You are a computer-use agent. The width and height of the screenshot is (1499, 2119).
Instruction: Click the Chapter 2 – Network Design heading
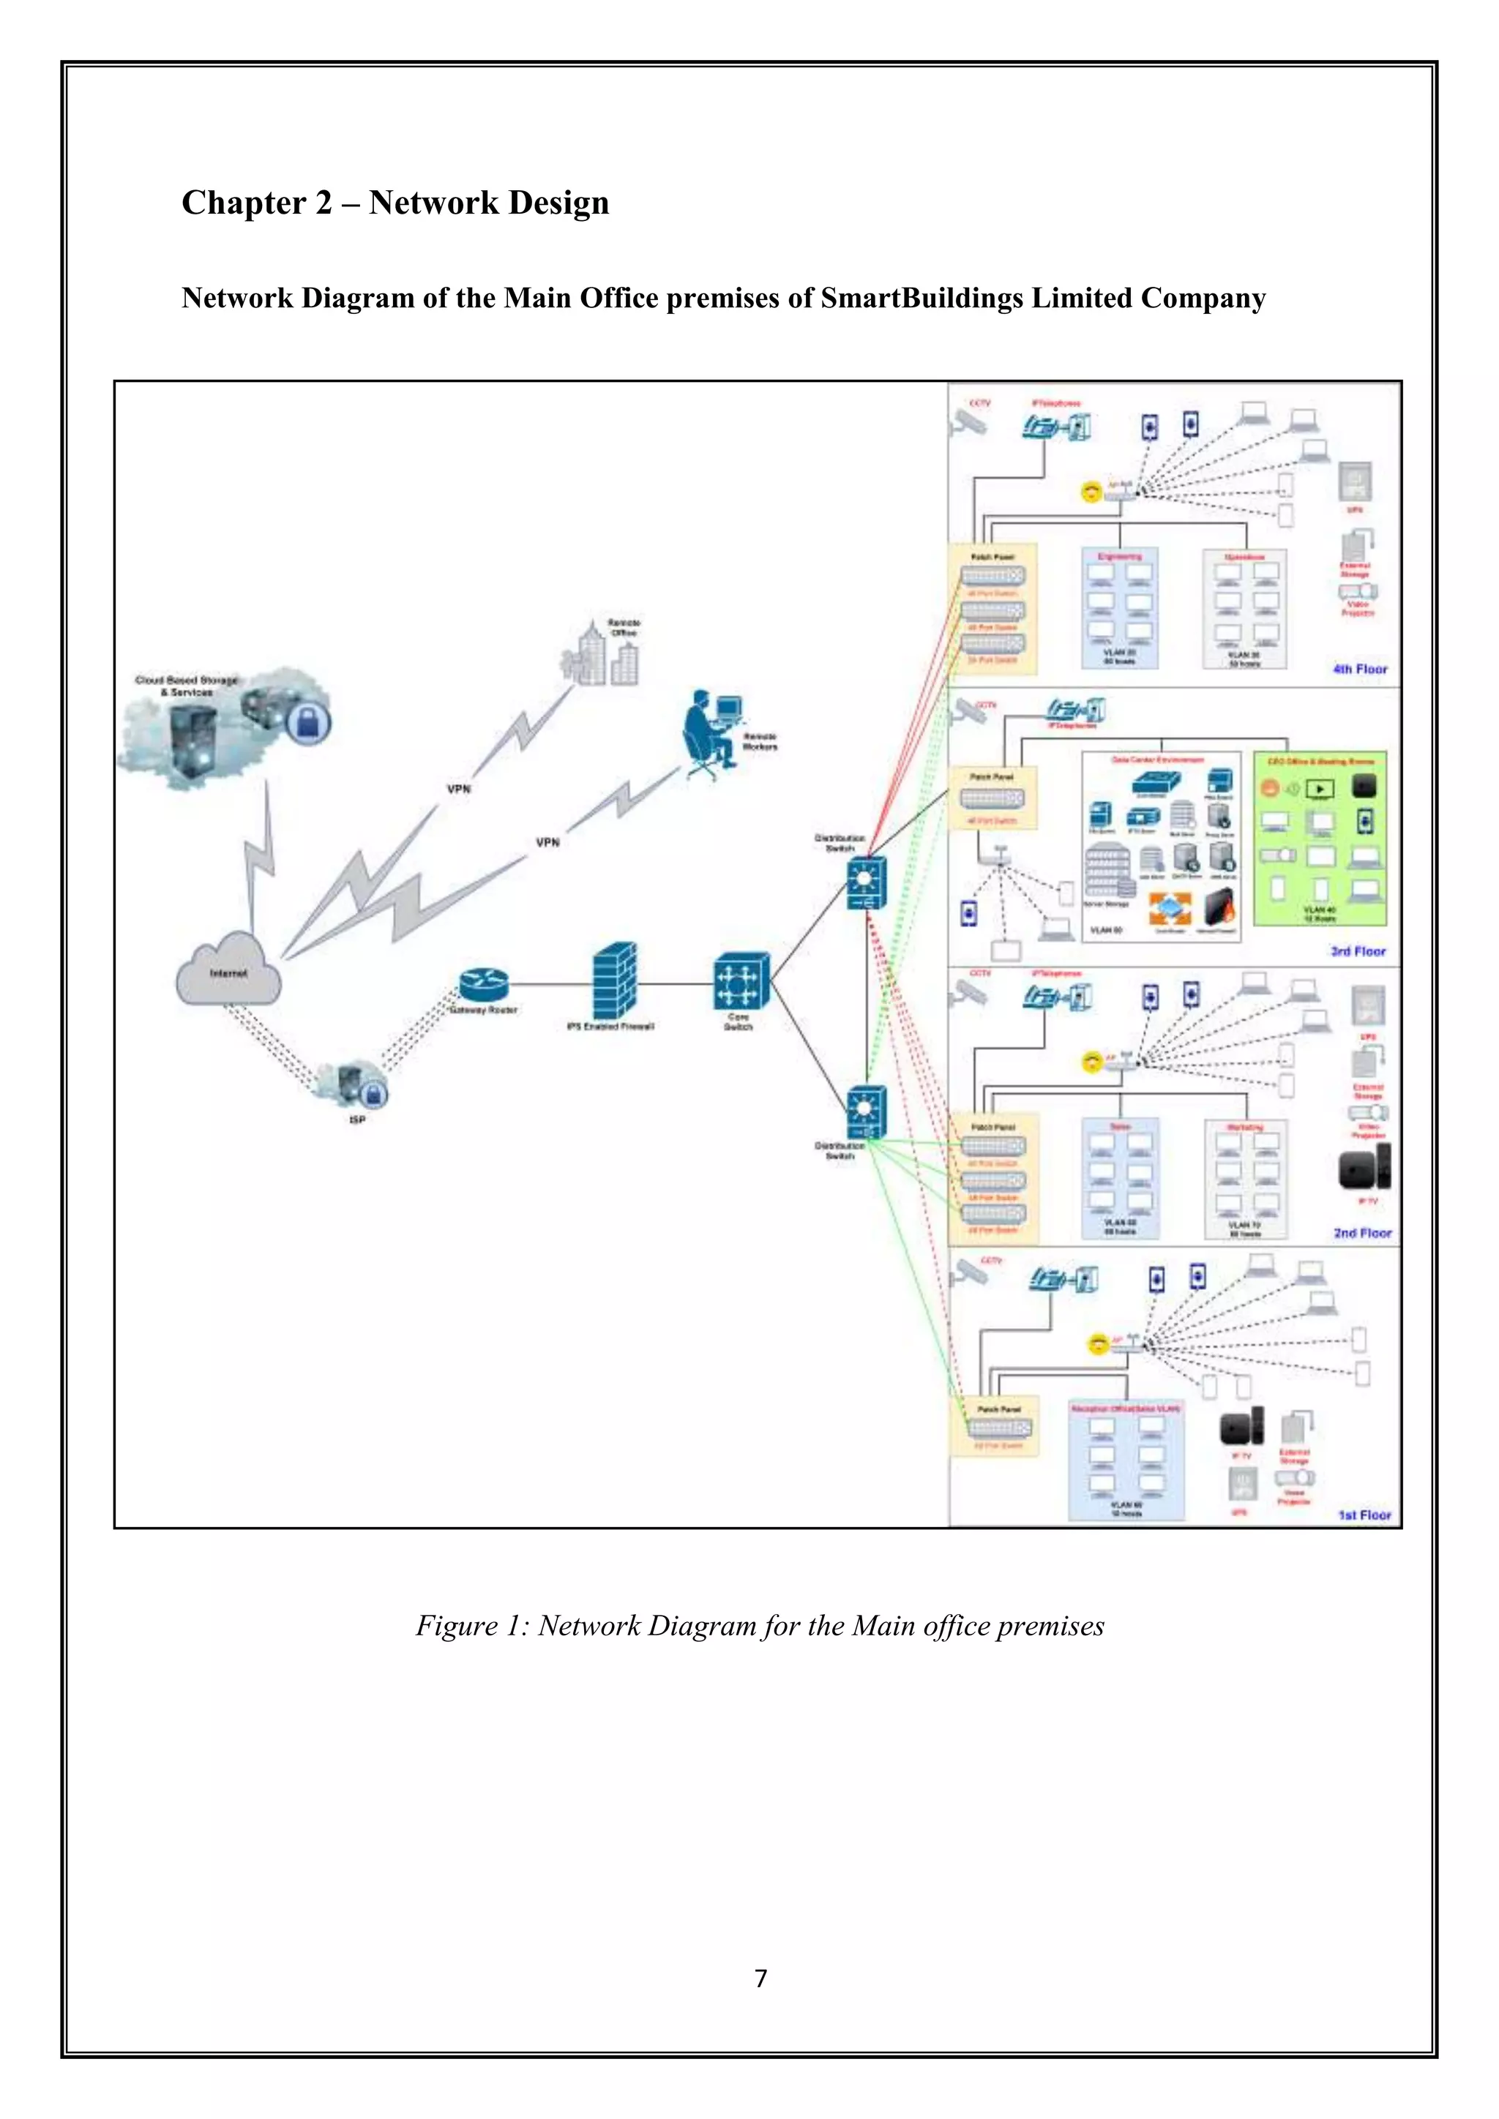[395, 203]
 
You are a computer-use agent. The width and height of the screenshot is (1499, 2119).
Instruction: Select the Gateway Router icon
[484, 985]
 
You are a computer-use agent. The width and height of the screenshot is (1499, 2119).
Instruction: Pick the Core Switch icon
[740, 981]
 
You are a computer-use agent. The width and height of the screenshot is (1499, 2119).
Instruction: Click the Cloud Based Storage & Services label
[187, 686]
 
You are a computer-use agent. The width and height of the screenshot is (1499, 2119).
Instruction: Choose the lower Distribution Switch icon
[867, 1112]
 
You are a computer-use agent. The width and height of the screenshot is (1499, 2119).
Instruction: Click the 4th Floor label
[1360, 669]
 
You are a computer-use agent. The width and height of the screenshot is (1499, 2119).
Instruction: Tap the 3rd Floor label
[1358, 950]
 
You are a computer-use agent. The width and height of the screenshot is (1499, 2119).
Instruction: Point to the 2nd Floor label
[1361, 1232]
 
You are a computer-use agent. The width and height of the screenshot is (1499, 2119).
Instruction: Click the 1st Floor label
[1364, 1515]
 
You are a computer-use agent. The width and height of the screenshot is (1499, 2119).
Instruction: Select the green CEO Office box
[1320, 838]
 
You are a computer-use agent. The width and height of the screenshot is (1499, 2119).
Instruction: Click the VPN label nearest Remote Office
[459, 789]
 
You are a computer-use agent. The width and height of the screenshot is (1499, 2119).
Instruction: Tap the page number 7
[760, 1979]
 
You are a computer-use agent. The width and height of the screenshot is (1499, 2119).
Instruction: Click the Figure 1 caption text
[760, 1625]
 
